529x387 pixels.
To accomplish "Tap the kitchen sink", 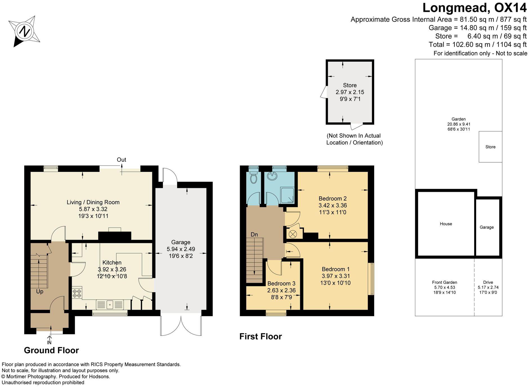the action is click(x=110, y=305).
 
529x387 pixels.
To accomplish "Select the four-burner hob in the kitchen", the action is click(x=77, y=293).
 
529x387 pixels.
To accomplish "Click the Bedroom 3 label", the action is click(x=281, y=283).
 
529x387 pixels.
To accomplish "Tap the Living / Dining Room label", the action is click(x=93, y=202).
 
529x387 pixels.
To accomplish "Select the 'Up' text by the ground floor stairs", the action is click(x=40, y=292).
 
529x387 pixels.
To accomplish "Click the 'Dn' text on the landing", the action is click(x=254, y=235).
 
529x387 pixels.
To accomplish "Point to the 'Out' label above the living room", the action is click(x=122, y=160).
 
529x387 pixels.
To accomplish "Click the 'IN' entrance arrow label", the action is click(x=49, y=343).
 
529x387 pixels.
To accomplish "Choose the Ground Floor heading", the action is click(x=51, y=350).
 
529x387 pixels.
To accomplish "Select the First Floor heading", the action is click(x=261, y=336).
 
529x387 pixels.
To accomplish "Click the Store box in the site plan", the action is click(x=490, y=147).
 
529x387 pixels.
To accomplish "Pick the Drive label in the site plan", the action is click(x=488, y=282).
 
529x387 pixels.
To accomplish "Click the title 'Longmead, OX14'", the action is click(x=475, y=8).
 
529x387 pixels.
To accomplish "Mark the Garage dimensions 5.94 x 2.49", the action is click(x=181, y=249).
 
